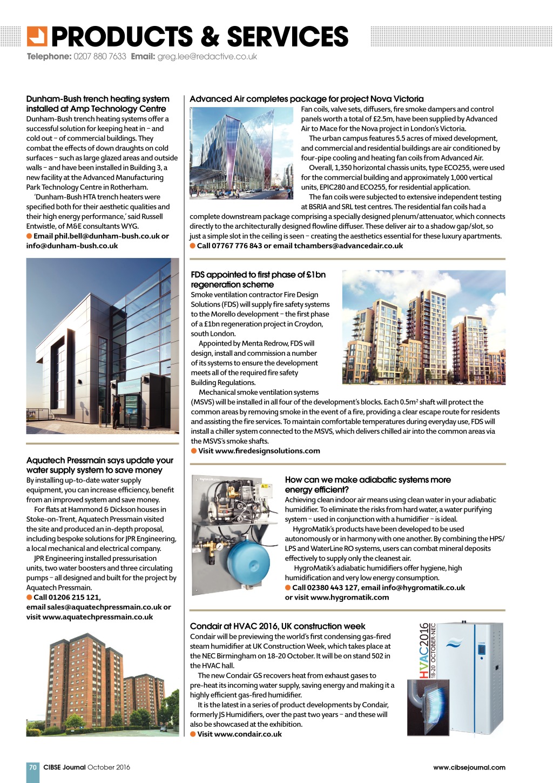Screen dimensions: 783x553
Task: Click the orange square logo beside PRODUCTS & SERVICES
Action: [x=37, y=36]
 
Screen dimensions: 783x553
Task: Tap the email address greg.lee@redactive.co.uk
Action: [x=207, y=56]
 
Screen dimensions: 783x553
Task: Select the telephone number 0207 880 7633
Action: [x=100, y=56]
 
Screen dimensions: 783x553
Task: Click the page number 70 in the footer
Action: [x=33, y=767]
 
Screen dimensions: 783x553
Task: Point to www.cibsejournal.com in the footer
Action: [x=469, y=767]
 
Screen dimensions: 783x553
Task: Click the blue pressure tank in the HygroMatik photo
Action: [x=249, y=562]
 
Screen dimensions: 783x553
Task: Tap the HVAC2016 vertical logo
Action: [x=426, y=651]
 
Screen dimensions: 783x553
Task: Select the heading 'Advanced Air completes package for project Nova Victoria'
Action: [x=306, y=99]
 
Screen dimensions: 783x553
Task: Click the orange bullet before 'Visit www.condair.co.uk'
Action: [x=193, y=734]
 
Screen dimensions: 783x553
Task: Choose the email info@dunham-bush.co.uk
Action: [x=72, y=245]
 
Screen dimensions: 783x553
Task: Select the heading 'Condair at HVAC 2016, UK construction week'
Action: [x=277, y=626]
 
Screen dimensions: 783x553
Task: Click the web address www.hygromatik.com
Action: [x=349, y=597]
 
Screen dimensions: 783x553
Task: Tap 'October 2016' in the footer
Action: [x=109, y=767]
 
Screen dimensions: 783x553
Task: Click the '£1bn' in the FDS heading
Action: [x=315, y=275]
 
